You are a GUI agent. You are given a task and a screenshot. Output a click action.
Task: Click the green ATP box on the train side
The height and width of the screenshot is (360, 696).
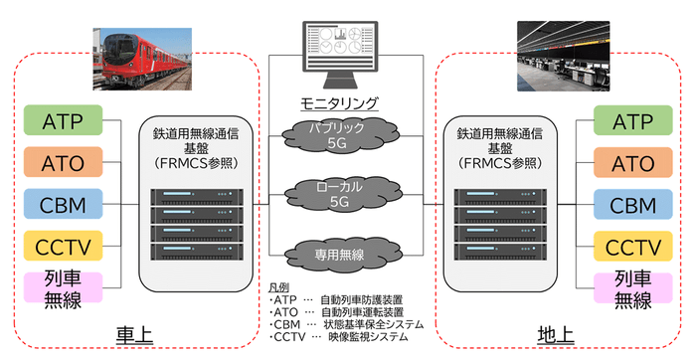click(x=63, y=122)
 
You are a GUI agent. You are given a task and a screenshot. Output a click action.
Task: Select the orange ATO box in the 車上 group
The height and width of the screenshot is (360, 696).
click(x=63, y=162)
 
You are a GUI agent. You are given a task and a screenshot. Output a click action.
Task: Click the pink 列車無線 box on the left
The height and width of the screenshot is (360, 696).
click(x=63, y=290)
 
